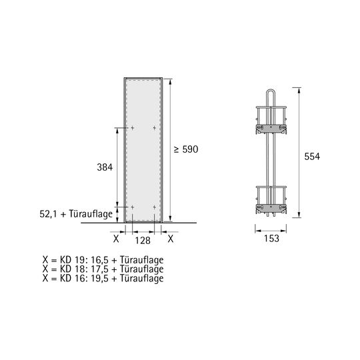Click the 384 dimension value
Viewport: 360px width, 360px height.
click(105, 167)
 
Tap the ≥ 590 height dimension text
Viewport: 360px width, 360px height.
click(186, 149)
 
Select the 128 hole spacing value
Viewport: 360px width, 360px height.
click(143, 241)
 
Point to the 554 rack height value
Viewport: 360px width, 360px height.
click(312, 157)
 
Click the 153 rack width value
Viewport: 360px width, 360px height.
click(271, 238)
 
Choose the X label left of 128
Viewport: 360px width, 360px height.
click(116, 239)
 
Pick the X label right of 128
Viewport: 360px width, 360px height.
click(171, 239)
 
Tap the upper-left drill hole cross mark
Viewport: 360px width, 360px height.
click(133, 128)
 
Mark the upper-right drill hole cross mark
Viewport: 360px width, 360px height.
click(155, 128)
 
